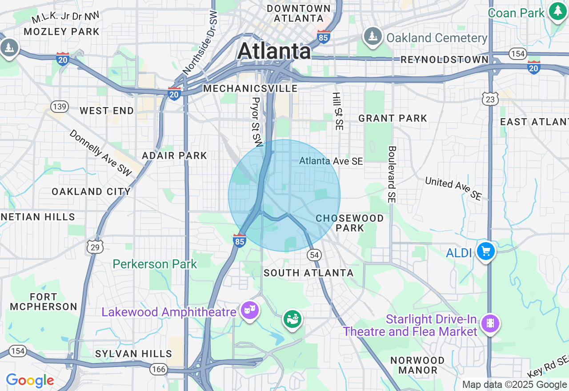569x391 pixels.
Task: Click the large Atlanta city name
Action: click(274, 51)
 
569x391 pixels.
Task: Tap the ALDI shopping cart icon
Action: click(485, 251)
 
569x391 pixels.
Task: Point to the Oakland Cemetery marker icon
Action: click(373, 36)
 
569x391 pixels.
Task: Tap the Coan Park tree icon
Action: click(557, 11)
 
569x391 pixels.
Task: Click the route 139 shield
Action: click(59, 106)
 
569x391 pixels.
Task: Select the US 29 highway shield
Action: click(95, 247)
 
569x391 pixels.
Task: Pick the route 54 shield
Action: click(314, 255)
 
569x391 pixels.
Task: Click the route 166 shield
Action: click(158, 369)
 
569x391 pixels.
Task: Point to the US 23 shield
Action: click(490, 99)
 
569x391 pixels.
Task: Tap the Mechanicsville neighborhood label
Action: click(250, 88)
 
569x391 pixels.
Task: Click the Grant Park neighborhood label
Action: click(393, 118)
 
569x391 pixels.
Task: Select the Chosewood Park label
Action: click(350, 223)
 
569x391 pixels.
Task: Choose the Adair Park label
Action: click(174, 156)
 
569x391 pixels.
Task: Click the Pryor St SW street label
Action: click(257, 122)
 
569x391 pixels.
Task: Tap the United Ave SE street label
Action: click(453, 188)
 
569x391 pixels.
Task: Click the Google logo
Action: click(30, 381)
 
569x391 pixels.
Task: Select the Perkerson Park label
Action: click(155, 264)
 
